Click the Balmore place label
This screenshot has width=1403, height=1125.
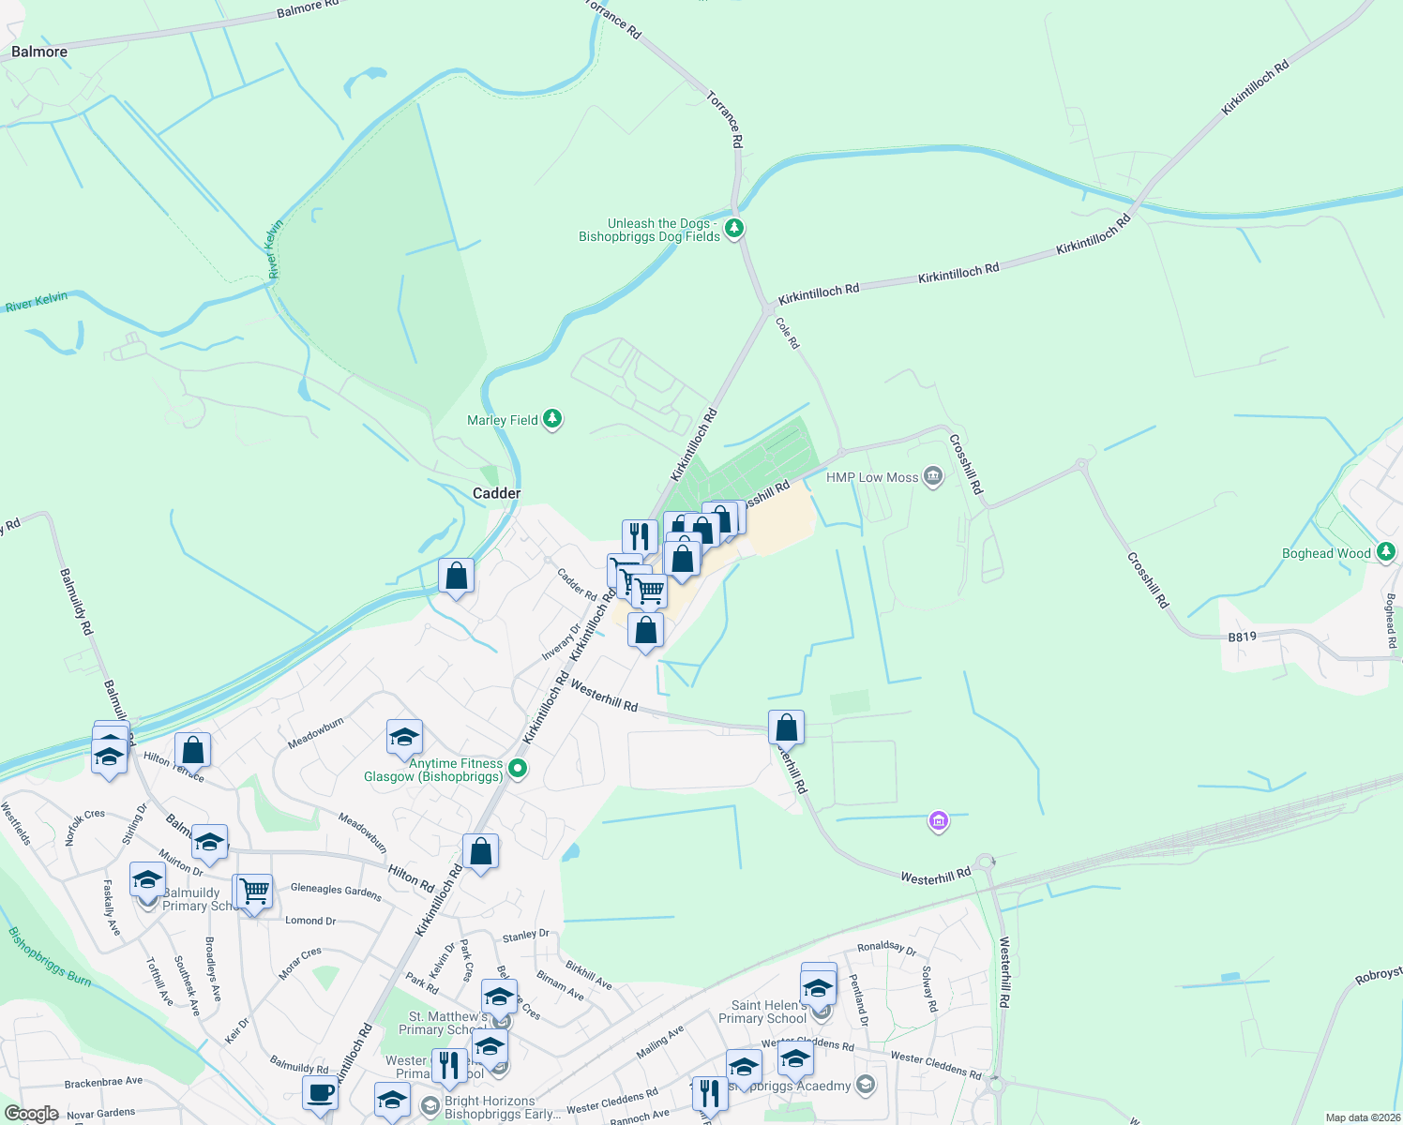(x=39, y=52)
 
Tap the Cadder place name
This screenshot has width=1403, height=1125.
(x=496, y=493)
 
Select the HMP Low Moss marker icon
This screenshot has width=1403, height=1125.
(x=933, y=477)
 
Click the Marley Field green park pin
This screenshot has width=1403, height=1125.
(x=553, y=419)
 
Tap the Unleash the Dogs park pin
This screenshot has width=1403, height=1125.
(x=734, y=228)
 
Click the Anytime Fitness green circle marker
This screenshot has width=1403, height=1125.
(x=517, y=770)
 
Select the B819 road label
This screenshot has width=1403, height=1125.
(x=1242, y=637)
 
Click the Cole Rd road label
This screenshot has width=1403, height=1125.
(x=788, y=333)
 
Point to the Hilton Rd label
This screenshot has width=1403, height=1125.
(x=411, y=877)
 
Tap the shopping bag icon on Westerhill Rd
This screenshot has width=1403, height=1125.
(x=786, y=727)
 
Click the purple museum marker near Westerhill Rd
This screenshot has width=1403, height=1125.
(x=938, y=822)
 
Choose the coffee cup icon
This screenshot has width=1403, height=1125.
(x=320, y=1093)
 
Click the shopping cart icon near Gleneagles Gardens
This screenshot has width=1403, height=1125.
(x=253, y=892)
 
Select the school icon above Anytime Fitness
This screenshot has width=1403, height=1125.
(x=404, y=738)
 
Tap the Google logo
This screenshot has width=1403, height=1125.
(x=31, y=1114)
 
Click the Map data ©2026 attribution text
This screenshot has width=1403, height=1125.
(x=1359, y=1117)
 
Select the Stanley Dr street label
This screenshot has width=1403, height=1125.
(x=525, y=935)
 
